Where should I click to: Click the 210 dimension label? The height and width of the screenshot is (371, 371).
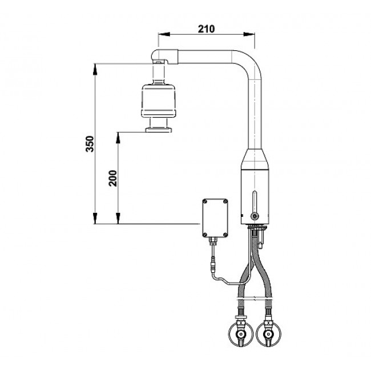tap(206, 29)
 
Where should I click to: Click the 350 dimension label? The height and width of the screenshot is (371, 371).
tap(90, 144)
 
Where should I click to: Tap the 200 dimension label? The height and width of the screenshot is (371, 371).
tap(113, 178)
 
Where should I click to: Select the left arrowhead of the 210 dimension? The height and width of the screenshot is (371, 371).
tap(164, 34)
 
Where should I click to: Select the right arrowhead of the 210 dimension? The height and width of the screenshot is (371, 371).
tap(249, 34)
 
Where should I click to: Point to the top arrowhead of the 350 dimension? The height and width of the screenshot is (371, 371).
tap(95, 69)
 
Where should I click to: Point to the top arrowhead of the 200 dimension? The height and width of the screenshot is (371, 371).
tap(118, 138)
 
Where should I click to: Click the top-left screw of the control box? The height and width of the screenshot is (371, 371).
tap(205, 201)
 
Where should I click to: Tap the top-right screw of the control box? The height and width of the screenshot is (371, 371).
tap(225, 201)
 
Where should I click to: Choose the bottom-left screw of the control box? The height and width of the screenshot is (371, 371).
tap(205, 235)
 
